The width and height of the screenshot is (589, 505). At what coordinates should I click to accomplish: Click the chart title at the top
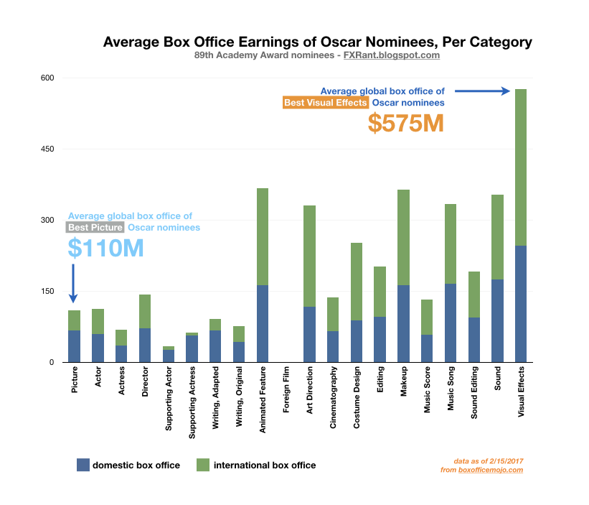pyautogui.click(x=318, y=42)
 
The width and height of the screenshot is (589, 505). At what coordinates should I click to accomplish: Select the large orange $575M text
pyautogui.click(x=405, y=123)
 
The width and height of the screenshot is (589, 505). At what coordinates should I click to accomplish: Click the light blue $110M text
pyautogui.click(x=105, y=248)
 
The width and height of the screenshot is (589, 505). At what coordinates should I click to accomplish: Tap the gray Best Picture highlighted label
pyautogui.click(x=95, y=228)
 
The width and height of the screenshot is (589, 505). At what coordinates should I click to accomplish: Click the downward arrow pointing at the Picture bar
pyautogui.click(x=74, y=283)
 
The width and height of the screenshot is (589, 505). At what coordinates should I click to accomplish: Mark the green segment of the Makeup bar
pyautogui.click(x=403, y=237)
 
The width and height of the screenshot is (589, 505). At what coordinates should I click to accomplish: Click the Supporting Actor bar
pyautogui.click(x=169, y=354)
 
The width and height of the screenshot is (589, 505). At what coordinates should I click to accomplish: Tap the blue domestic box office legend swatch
pyautogui.click(x=83, y=465)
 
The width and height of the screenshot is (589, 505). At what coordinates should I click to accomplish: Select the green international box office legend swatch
pyautogui.click(x=202, y=465)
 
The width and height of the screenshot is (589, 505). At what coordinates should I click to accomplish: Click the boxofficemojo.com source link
pyautogui.click(x=491, y=470)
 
